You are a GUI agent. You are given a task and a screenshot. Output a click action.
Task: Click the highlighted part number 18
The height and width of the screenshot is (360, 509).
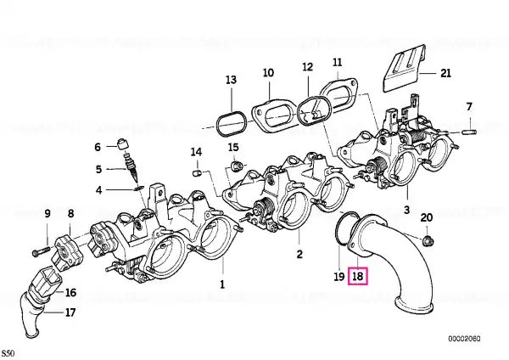coord(358,276)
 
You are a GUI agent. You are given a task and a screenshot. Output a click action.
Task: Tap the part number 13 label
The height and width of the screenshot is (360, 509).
coord(231,80)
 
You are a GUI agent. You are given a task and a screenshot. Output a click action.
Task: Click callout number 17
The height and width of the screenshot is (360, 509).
coord(70,312)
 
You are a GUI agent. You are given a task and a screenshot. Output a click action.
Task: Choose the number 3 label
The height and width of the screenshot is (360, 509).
coord(406,209)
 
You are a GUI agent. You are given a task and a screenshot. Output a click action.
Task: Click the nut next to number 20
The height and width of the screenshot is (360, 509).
coord(426,240)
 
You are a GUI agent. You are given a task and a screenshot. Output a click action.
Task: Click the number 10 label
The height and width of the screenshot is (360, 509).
coord(267,73)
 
